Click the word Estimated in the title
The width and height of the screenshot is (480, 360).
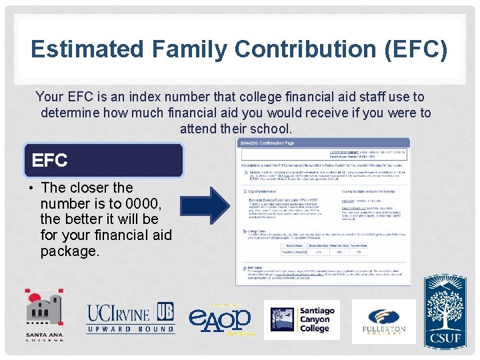(x=85, y=49)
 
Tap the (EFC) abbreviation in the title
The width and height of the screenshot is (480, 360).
(x=415, y=49)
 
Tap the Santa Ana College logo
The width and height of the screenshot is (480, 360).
(x=45, y=314)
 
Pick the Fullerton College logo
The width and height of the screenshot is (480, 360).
(x=383, y=320)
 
